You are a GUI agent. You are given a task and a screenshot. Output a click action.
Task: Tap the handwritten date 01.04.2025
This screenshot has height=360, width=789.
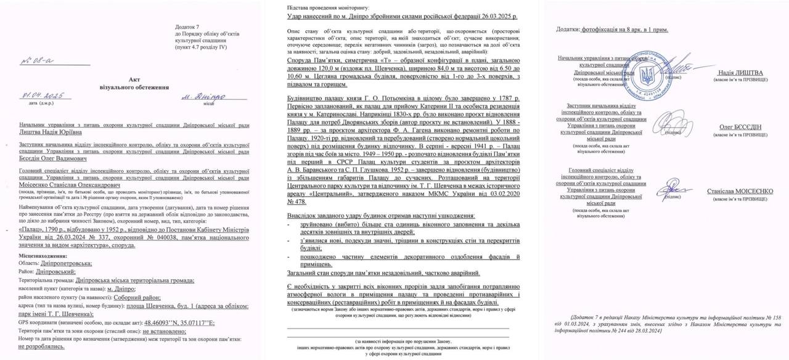point(43,96)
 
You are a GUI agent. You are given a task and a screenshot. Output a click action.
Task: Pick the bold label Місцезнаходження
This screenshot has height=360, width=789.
point(43,255)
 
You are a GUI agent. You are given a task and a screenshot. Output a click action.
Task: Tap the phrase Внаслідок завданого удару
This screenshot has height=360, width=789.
point(327,215)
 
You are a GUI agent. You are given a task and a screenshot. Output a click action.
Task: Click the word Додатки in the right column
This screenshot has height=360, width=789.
point(567,29)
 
